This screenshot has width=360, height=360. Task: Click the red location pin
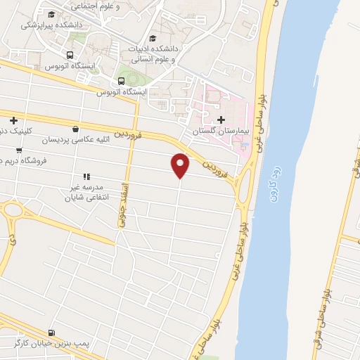pos(181,165)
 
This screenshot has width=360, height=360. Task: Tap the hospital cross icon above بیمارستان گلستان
pos(222,120)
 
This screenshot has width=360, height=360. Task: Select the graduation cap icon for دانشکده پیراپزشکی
pos(51,14)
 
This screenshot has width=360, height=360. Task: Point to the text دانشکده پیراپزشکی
pos(51,25)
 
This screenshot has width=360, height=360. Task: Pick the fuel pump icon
pos(51,332)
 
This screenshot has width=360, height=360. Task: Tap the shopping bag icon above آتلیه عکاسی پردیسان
pos(75,128)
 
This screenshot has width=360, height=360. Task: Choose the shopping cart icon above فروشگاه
pos(18,150)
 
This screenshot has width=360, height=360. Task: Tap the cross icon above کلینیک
pos(13,120)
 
